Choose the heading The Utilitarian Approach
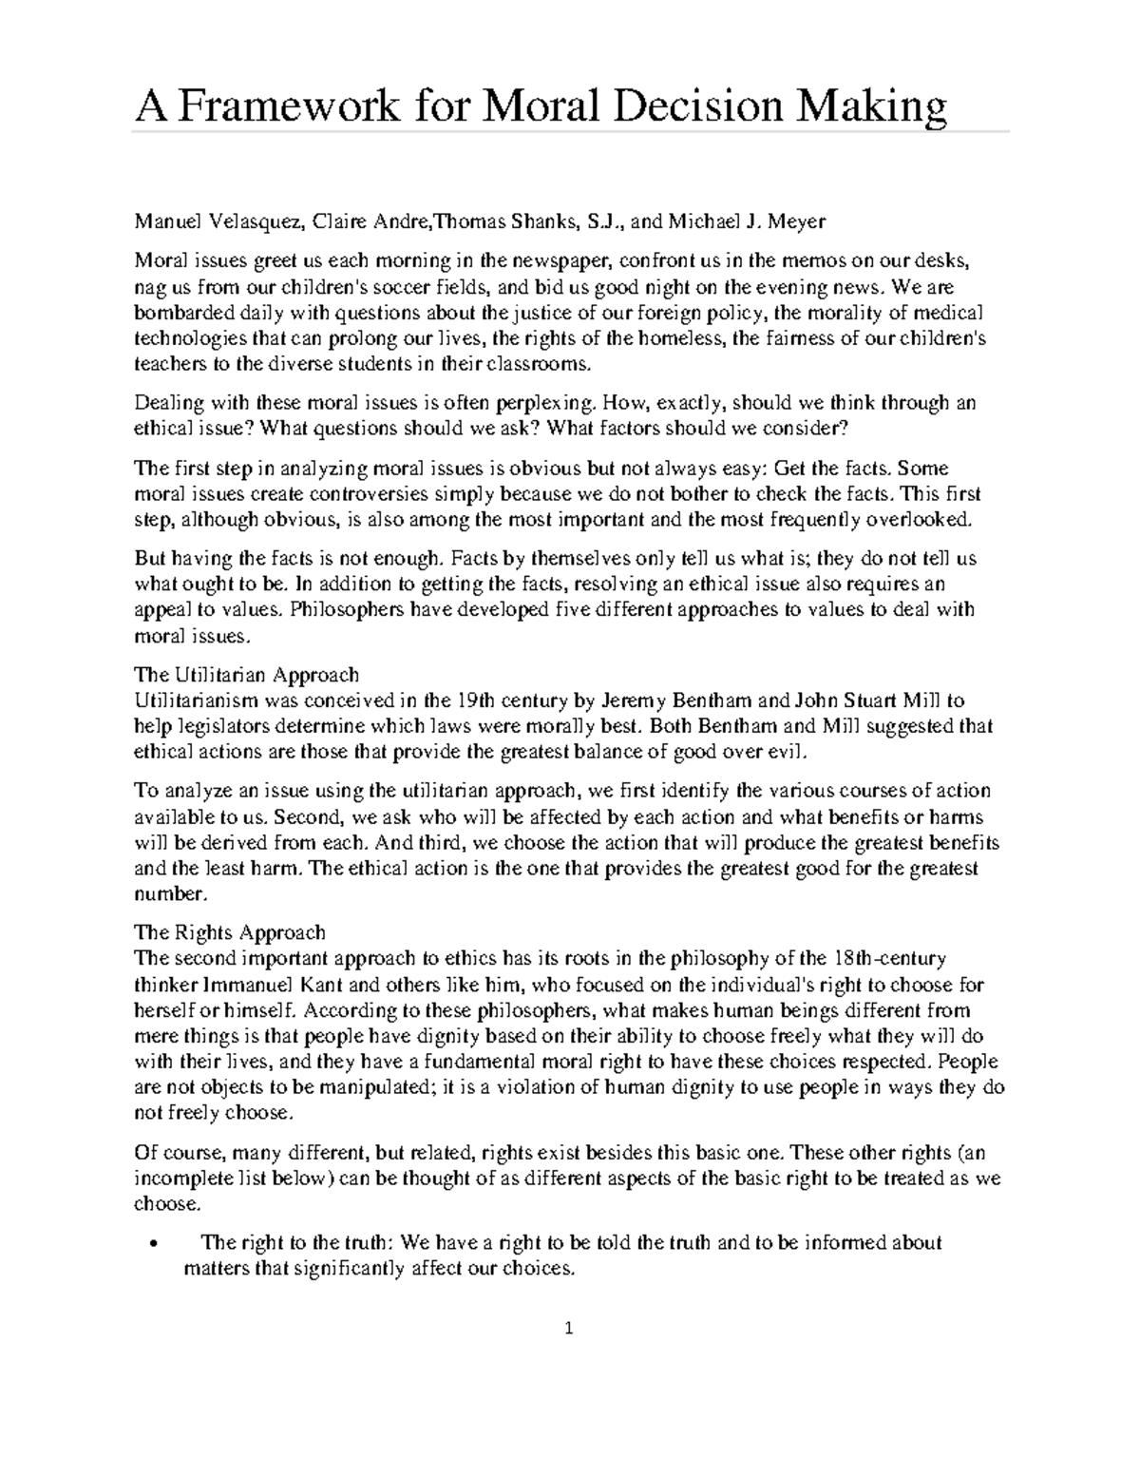click(247, 676)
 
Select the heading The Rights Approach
click(230, 932)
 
